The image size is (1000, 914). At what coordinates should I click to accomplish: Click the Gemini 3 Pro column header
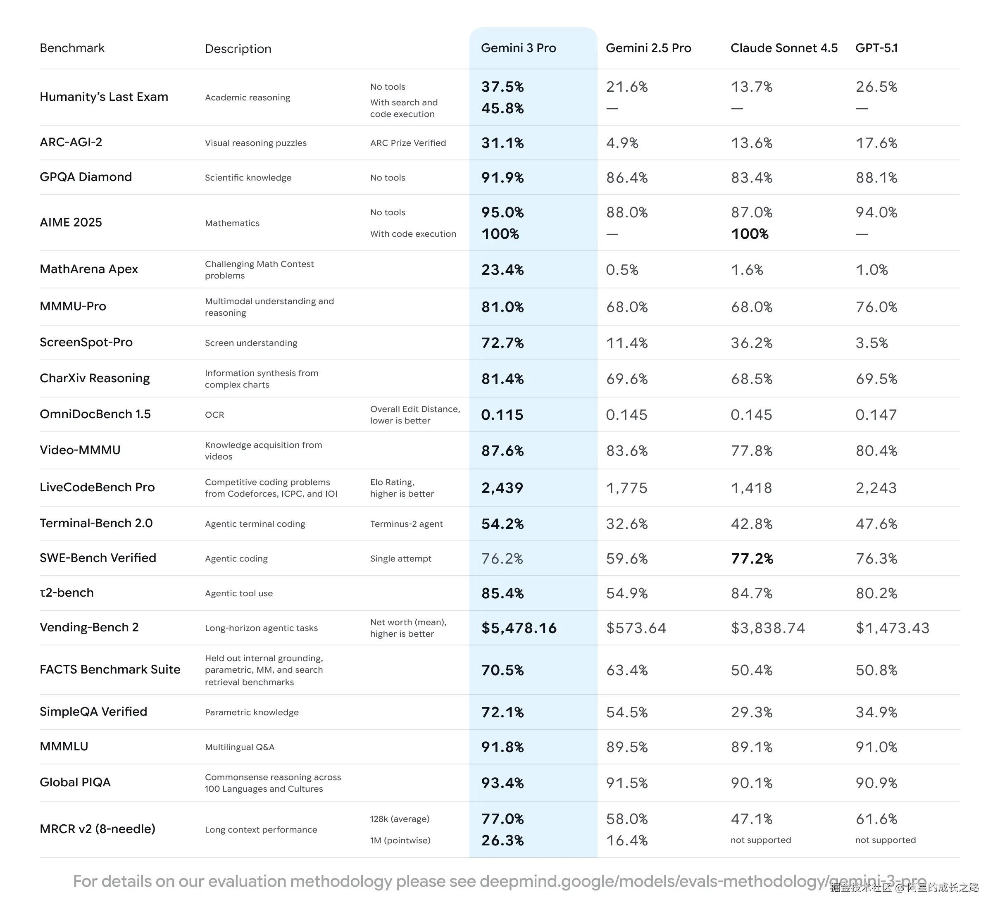tap(518, 48)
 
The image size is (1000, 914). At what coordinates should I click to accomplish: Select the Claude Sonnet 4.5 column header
tap(784, 48)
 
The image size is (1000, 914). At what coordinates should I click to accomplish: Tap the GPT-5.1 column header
tap(876, 48)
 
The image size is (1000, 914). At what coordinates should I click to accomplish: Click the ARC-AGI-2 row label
tap(71, 142)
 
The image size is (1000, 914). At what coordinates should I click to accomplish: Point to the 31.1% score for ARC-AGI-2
tap(502, 143)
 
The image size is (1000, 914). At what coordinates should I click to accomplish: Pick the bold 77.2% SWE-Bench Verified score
tap(752, 559)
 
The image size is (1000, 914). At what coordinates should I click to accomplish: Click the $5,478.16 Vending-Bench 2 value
tap(519, 628)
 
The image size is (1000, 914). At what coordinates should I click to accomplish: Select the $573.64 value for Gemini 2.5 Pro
tap(636, 628)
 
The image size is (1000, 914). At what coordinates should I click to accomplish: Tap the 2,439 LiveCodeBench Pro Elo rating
tap(502, 488)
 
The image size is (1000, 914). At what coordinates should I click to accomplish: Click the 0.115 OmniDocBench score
tap(502, 415)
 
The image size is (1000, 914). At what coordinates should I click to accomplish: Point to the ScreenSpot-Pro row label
tap(86, 342)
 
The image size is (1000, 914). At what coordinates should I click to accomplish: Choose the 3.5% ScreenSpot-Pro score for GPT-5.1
tap(871, 343)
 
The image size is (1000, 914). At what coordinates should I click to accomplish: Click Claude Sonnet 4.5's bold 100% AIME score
tap(750, 234)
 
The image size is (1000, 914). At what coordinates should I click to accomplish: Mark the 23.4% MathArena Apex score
tap(502, 270)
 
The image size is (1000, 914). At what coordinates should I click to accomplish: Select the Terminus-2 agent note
tap(406, 524)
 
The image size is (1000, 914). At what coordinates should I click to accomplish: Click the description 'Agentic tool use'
tap(238, 594)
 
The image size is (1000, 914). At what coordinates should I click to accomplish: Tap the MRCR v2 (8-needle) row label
tap(98, 829)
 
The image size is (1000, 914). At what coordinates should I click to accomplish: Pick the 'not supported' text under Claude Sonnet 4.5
tap(760, 840)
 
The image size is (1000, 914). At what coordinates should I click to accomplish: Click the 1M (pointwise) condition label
tap(400, 840)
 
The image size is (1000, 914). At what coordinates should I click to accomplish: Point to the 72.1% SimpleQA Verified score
tap(502, 713)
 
